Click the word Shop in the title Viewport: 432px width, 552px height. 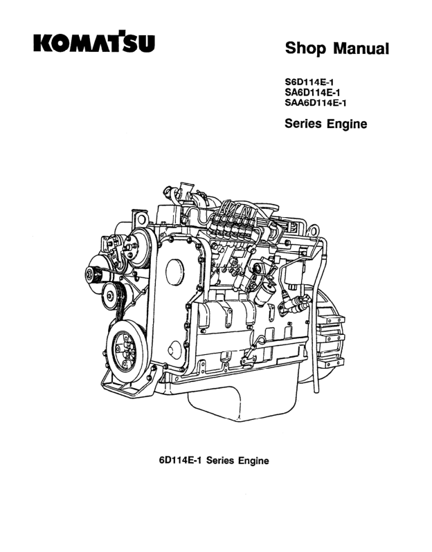[x=305, y=48]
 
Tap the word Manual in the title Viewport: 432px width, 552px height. [x=361, y=48]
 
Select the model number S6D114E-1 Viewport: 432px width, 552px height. [x=309, y=83]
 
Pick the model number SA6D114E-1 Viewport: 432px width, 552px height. [x=312, y=93]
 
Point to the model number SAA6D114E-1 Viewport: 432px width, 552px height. [x=316, y=102]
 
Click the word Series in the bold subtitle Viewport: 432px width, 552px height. [x=303, y=123]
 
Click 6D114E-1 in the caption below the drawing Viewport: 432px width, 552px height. [x=180, y=460]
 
